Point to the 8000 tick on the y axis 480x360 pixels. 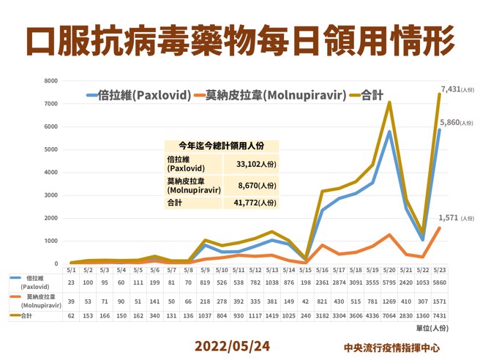(50, 81)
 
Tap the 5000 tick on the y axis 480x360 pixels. (50, 150)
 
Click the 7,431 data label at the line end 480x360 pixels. (451, 89)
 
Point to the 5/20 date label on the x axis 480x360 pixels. (389, 269)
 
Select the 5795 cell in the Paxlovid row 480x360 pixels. (389, 282)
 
